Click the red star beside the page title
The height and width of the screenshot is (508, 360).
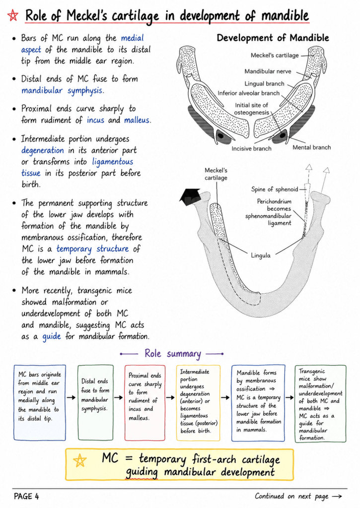13,15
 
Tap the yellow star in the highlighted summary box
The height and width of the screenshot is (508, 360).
80,460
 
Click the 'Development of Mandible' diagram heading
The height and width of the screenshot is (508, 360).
273,38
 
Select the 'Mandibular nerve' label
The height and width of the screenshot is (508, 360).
268,71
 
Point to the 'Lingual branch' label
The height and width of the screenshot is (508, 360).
264,83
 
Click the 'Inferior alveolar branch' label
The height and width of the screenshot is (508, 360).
248,93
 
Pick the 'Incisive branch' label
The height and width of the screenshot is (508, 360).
251,149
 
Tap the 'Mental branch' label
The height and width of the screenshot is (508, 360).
312,147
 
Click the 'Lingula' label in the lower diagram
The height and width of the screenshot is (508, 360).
260,255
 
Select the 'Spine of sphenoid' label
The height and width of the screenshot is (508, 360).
275,189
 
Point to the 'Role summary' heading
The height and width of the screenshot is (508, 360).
172,353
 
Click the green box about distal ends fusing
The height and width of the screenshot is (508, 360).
95,402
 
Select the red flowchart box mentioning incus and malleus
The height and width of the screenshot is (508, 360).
144,403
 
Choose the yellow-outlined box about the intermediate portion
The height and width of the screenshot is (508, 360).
199,403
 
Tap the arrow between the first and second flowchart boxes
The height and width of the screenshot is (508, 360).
72,397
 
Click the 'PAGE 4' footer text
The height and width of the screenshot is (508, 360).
26,496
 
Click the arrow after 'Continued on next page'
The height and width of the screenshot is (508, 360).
337,496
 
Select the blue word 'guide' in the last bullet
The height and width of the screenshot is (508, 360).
52,337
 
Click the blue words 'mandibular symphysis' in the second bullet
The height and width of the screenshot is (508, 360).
62,90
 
